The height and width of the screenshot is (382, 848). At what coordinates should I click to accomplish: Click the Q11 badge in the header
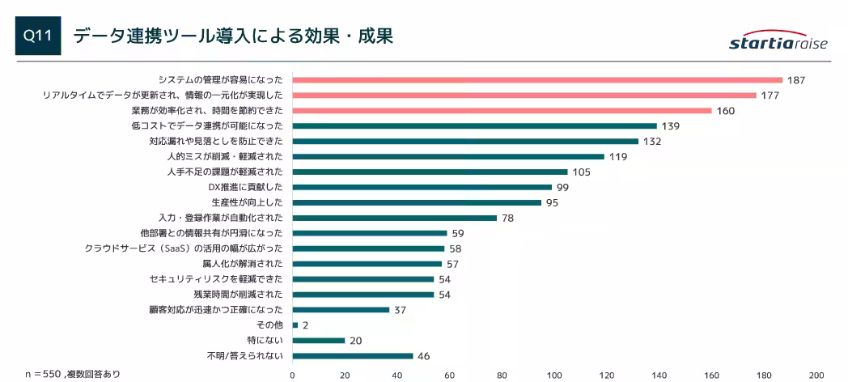pos(38,36)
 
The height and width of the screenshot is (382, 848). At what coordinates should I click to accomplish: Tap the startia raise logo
pos(778,42)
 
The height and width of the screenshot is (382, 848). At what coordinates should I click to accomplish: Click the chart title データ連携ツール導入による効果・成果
pos(233,36)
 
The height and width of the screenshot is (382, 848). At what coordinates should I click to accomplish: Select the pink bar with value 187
pos(536,80)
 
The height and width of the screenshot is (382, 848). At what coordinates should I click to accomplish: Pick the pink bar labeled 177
pos(524,95)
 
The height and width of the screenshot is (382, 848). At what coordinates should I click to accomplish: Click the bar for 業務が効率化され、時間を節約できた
pos(502,111)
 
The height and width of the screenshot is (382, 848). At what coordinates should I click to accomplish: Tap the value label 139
pos(670,126)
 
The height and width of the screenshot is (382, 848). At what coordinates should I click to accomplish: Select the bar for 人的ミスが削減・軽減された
pos(447,156)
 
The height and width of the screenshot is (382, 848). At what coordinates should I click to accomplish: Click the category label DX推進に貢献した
pos(245,187)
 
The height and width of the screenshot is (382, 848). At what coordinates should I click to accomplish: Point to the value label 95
pos(552,202)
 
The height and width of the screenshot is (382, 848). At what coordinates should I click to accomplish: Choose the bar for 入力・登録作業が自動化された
pos(394,218)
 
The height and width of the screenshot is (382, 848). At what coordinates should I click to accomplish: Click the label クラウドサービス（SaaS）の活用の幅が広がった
pos(184,248)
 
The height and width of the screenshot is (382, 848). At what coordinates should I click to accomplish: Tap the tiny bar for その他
pos(295,325)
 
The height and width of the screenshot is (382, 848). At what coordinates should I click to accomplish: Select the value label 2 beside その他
pos(306,325)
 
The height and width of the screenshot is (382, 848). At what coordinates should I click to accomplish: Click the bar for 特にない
pos(318,340)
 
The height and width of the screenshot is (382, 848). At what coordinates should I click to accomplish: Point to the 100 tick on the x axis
pos(554,375)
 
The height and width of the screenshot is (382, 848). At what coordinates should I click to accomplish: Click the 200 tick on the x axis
pos(816,375)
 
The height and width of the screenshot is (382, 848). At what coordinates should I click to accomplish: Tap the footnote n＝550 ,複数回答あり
pos(72,374)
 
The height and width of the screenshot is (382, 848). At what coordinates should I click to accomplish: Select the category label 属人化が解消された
pos(242,264)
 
